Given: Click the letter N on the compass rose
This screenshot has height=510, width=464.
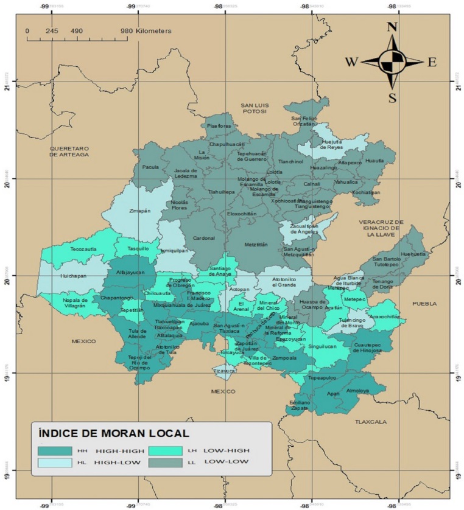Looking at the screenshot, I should click(x=393, y=27).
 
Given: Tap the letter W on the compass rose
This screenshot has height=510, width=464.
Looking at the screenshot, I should click(x=351, y=61).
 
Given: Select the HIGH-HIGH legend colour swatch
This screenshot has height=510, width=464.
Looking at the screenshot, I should click(x=54, y=451).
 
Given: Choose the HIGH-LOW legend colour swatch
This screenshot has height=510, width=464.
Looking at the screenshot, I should click(x=54, y=463).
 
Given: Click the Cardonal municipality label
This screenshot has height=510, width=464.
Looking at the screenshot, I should click(x=204, y=238).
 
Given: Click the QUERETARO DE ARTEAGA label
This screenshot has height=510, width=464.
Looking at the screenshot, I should click(x=69, y=152).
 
